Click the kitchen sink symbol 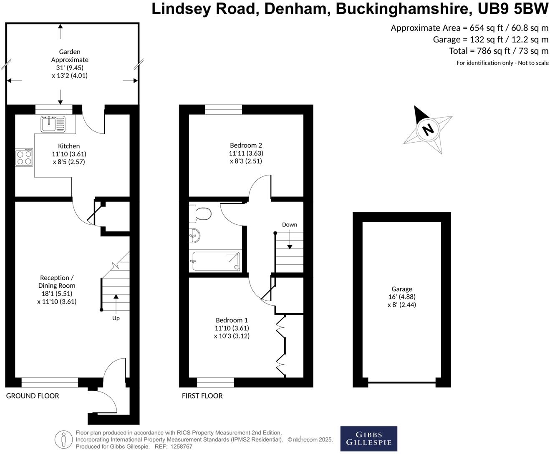(x=53, y=124)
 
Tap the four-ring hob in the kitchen (x=24, y=158)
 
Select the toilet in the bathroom (x=201, y=214)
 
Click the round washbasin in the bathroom (x=194, y=236)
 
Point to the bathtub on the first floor (x=215, y=261)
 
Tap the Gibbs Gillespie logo (x=368, y=439)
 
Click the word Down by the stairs (x=289, y=225)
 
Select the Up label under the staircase (x=116, y=318)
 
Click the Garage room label (x=401, y=289)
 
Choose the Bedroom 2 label (x=246, y=145)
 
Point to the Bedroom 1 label (x=232, y=320)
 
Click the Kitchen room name (x=69, y=146)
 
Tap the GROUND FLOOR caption (x=33, y=396)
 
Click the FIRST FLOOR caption (x=202, y=396)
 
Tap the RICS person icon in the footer (x=63, y=439)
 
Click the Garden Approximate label (x=70, y=56)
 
